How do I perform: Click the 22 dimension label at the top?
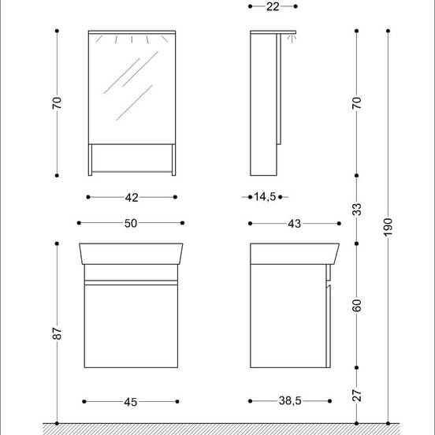[273, 7]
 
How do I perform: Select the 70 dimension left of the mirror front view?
[58, 103]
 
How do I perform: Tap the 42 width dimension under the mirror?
[132, 197]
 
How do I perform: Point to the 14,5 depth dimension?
[265, 197]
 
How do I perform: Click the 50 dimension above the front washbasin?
[131, 224]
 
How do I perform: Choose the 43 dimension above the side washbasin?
[295, 224]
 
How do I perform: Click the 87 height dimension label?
[58, 333]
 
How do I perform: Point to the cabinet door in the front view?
[131, 325]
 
